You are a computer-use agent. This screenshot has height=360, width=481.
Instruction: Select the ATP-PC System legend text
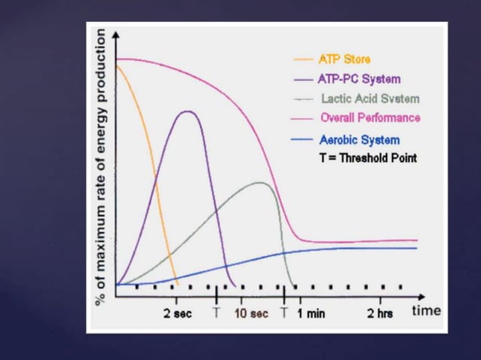pos(358,79)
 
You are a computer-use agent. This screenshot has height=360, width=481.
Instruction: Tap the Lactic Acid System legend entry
pos(370,99)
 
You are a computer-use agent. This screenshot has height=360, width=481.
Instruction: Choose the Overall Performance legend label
pos(370,118)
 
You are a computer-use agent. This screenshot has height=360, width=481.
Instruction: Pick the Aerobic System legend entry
pos(359,140)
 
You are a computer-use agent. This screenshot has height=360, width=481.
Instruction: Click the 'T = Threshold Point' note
pos(367,158)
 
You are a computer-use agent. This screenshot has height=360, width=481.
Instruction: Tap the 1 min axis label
pos(311,313)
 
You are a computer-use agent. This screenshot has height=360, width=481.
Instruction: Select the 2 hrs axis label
pos(381,313)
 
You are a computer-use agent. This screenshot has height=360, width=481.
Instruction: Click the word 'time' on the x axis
pos(426,310)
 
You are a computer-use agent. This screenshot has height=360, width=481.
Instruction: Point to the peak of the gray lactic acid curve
pos(260,182)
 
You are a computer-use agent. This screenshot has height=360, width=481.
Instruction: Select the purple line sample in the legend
pos(303,79)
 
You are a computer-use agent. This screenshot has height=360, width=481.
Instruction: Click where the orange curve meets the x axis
pos(176,285)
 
